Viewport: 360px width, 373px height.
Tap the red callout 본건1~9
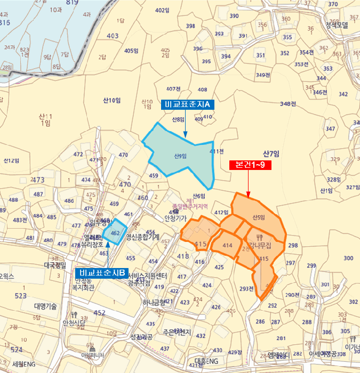click(250, 165)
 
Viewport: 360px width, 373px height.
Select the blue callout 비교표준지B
click(101, 273)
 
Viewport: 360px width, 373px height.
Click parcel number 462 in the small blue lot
click(115, 233)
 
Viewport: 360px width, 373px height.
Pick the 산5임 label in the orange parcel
click(258, 216)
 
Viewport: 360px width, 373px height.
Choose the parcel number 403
click(113, 36)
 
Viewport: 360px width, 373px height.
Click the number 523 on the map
click(21, 295)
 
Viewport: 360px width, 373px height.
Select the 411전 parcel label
click(217, 151)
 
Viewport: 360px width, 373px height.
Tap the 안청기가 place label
click(175, 218)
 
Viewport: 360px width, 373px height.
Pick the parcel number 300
click(348, 258)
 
